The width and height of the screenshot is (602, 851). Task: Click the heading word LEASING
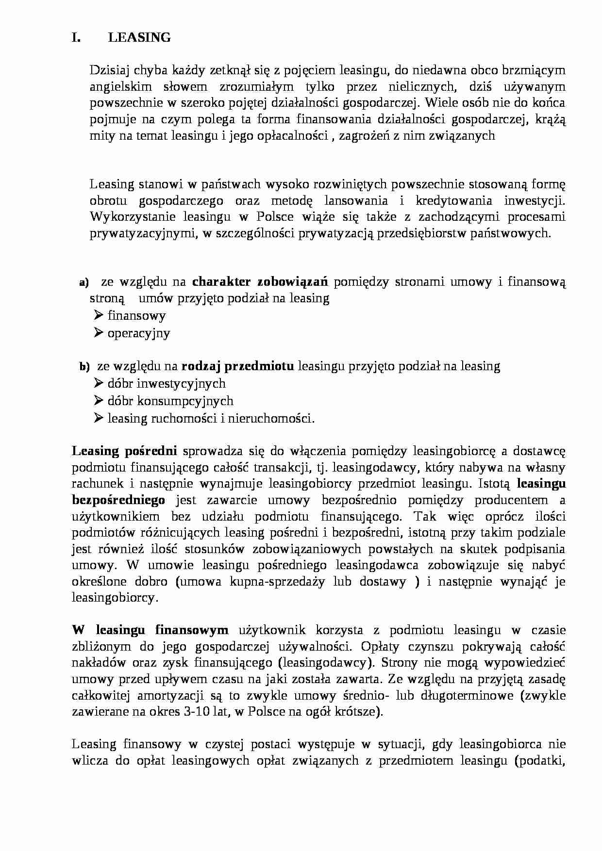[x=139, y=38]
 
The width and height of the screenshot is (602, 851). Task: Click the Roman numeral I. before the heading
[x=76, y=38]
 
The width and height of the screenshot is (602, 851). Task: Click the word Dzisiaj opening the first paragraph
[x=108, y=70]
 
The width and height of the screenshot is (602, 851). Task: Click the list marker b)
[x=84, y=367]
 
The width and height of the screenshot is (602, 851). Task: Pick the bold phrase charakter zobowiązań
[x=260, y=282]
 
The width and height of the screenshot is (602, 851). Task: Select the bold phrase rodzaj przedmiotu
[x=238, y=366]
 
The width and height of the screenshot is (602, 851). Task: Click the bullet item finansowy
[x=136, y=316]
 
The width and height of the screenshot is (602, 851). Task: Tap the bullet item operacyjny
[x=139, y=333]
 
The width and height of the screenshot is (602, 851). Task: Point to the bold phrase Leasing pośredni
[x=124, y=451]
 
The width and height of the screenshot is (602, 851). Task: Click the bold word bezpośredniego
[x=118, y=500]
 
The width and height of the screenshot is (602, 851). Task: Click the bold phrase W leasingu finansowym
[x=150, y=630]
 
